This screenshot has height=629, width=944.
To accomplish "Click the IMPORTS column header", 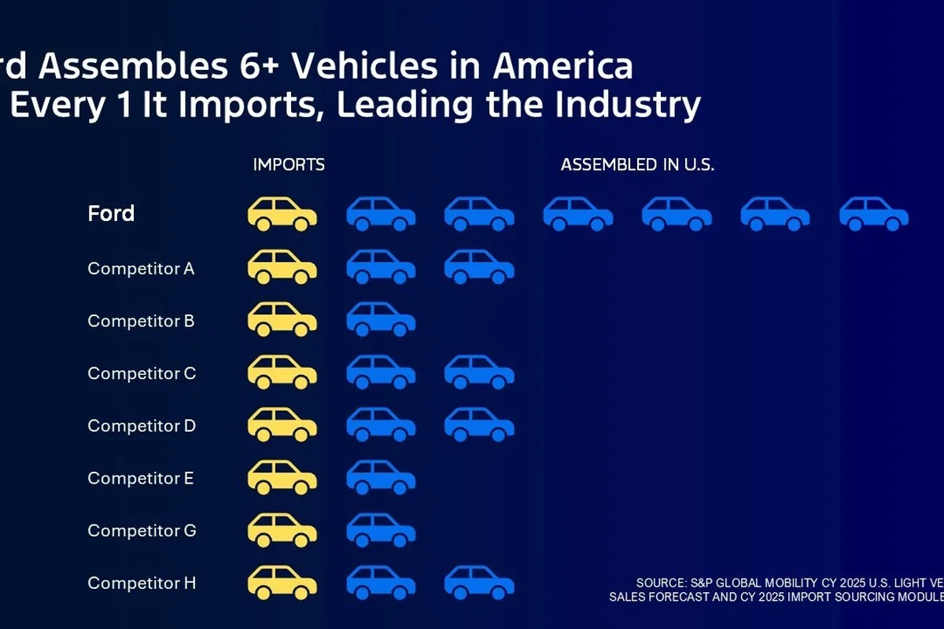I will point(289,165).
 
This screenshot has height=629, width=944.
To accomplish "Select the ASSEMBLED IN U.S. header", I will point(637,165).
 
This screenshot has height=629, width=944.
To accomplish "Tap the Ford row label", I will point(111,213).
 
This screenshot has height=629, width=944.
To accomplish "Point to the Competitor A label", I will point(141,268).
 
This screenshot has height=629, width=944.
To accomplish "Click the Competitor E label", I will point(140,478).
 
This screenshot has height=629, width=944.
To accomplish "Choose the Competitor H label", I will point(142,583).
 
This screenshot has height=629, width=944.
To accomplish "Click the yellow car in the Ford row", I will point(282,214).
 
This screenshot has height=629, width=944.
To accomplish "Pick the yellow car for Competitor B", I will point(282,319).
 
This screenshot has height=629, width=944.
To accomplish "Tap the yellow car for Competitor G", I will point(282,529).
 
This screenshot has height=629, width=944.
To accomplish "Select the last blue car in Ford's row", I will point(874,214).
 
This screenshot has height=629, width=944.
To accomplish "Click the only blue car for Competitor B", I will point(381,319).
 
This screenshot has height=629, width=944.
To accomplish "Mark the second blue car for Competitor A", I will point(479,267).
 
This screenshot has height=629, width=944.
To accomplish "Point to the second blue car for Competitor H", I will point(479,582).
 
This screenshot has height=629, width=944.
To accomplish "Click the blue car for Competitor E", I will point(381,477).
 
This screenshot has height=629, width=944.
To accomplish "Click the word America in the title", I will point(562,67).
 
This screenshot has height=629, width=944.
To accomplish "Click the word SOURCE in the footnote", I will point(662,583).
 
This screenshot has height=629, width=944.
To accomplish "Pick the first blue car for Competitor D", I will point(381,425).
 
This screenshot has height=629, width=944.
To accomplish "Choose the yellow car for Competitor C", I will point(282,372).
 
